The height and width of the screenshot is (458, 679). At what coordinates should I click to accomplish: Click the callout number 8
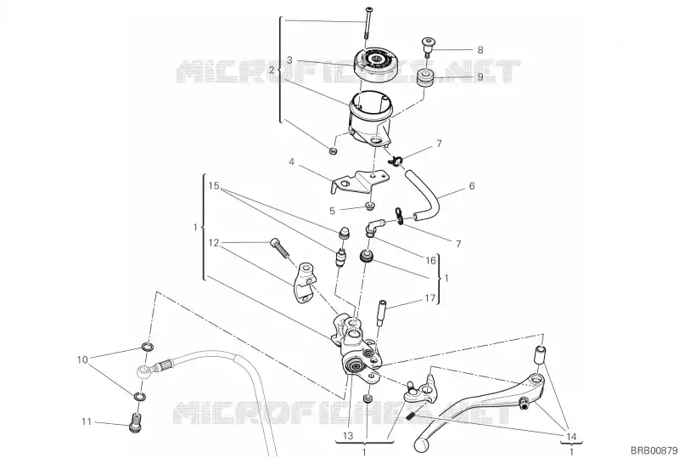(x=480, y=50)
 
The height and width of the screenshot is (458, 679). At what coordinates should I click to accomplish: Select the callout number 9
(x=480, y=77)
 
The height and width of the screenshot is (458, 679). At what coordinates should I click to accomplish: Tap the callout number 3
(x=289, y=59)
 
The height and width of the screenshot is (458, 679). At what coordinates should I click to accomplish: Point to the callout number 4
(x=292, y=162)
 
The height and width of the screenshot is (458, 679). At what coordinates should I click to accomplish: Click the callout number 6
(x=472, y=186)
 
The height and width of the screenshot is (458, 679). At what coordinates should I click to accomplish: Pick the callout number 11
(x=87, y=421)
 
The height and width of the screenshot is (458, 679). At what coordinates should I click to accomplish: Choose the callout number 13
(x=348, y=435)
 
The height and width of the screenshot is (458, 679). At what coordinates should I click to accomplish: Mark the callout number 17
(x=429, y=298)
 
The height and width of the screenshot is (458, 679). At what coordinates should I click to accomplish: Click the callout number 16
(x=430, y=260)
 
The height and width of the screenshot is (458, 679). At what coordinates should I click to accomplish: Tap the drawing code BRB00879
(x=653, y=450)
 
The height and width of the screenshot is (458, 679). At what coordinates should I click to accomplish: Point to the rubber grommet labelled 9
(x=425, y=79)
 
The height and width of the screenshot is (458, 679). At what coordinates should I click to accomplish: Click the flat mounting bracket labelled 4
(x=359, y=182)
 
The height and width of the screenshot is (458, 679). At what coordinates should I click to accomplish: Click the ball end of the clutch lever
(x=420, y=444)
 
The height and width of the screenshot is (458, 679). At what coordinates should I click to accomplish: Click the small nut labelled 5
(x=369, y=205)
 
